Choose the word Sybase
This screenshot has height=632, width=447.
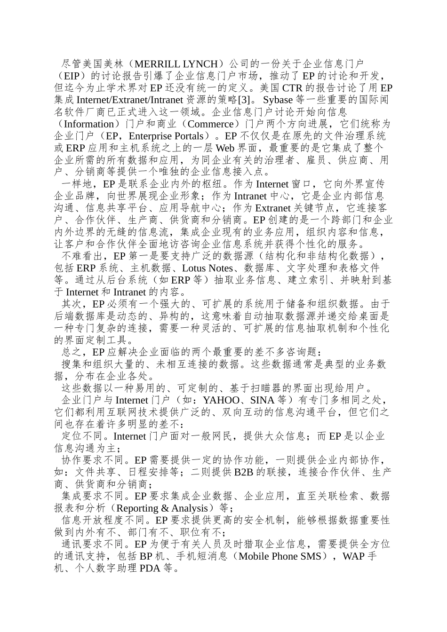[x=279, y=100]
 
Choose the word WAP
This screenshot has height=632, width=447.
[x=354, y=556]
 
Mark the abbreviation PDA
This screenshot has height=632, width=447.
[x=150, y=569]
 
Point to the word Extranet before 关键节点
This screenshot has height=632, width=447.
[x=273, y=208]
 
